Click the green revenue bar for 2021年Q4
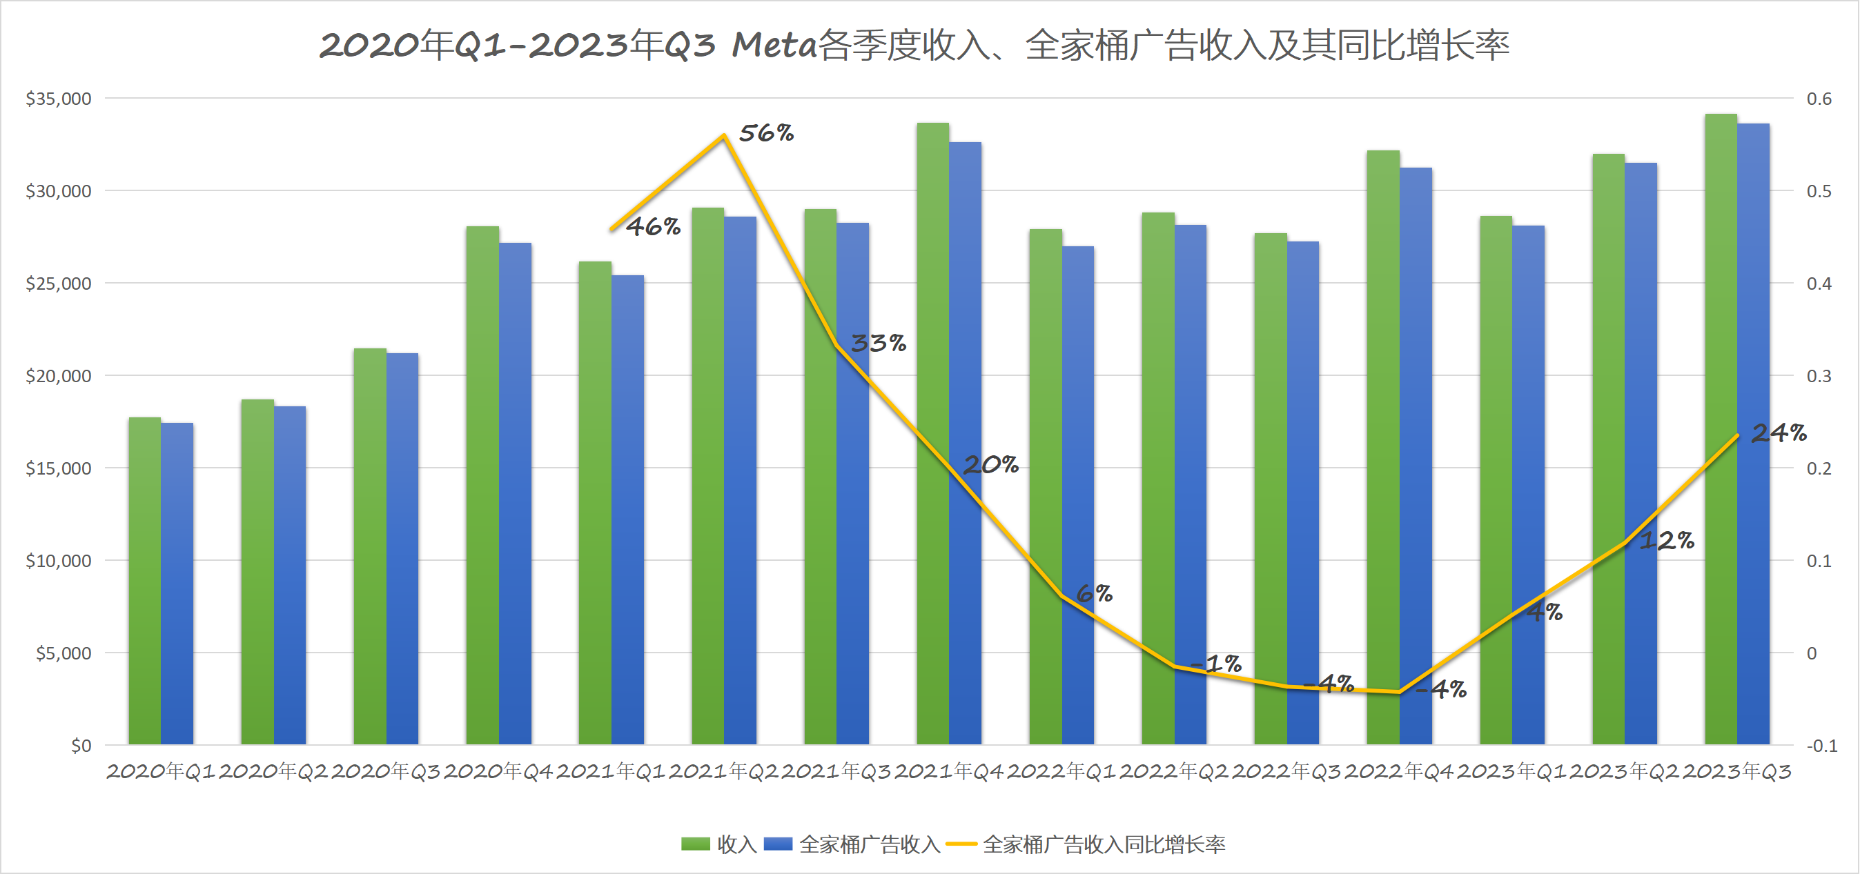tap(932, 433)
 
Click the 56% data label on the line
tap(766, 133)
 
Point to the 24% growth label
tap(1779, 433)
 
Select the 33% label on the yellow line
tap(878, 343)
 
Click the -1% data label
tap(1216, 663)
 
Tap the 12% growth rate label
tap(1667, 541)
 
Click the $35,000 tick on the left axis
tap(59, 99)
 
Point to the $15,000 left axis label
tap(59, 468)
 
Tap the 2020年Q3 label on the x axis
tap(386, 771)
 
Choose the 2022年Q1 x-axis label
tap(1061, 771)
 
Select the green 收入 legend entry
tap(718, 844)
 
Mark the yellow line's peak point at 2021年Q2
tap(723, 136)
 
